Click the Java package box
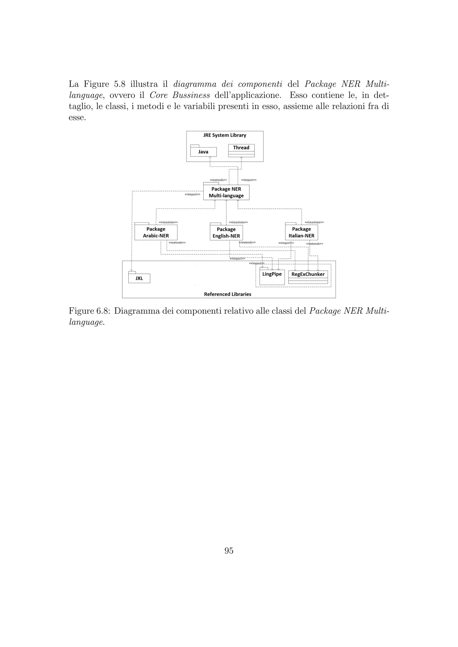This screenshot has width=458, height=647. click(203, 152)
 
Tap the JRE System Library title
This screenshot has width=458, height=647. click(225, 135)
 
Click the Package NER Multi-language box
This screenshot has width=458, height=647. click(226, 192)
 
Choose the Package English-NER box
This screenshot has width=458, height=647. click(226, 233)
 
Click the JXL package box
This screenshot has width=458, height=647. click(139, 278)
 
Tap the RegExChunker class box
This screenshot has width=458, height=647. click(308, 277)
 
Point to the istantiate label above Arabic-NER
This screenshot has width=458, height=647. click(168, 222)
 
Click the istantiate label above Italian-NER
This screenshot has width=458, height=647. click(314, 222)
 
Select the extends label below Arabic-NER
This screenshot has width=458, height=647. click(177, 243)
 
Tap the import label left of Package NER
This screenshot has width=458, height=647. click(192, 194)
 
